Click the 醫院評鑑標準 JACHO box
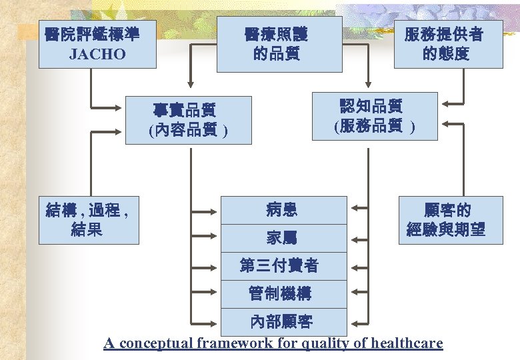[97, 44]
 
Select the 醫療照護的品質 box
[279, 44]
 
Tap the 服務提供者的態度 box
[448, 44]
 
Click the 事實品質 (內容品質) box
[189, 120]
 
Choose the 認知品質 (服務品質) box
[375, 116]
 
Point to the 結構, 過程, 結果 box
[89, 220]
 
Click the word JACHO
[97, 54]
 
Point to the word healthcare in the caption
[407, 344]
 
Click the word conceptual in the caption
[154, 344]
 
